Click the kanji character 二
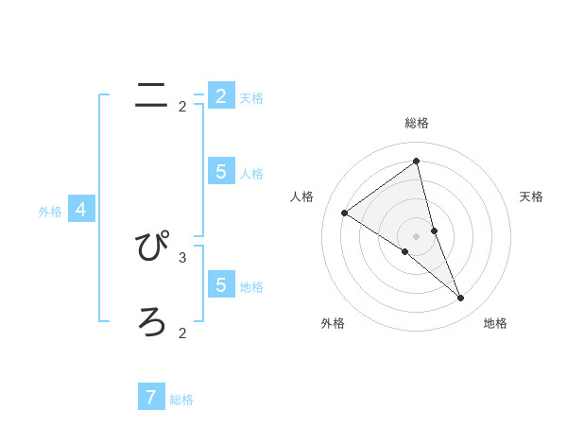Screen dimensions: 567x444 tap(151, 94)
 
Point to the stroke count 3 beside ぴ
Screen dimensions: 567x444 tap(182, 257)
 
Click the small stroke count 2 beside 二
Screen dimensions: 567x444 tap(182, 107)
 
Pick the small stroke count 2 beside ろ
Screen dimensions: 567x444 tap(182, 333)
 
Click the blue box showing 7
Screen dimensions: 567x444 tap(151, 397)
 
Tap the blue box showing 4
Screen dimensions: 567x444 tap(81, 210)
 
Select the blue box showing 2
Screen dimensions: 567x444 tap(221, 95)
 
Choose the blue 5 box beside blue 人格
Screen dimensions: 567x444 tap(221, 171)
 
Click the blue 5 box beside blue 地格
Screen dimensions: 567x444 tap(221, 284)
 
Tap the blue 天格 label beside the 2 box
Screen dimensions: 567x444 tap(251, 97)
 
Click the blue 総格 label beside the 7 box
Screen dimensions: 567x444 tap(181, 400)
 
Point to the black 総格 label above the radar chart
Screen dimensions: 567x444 tap(417, 123)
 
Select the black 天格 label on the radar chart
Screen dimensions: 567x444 tap(532, 196)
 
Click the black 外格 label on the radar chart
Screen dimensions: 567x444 tap(333, 323)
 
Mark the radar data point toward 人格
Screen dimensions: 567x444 tap(344, 213)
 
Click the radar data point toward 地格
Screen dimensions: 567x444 tap(461, 298)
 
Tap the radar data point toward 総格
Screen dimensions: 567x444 tap(417, 162)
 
